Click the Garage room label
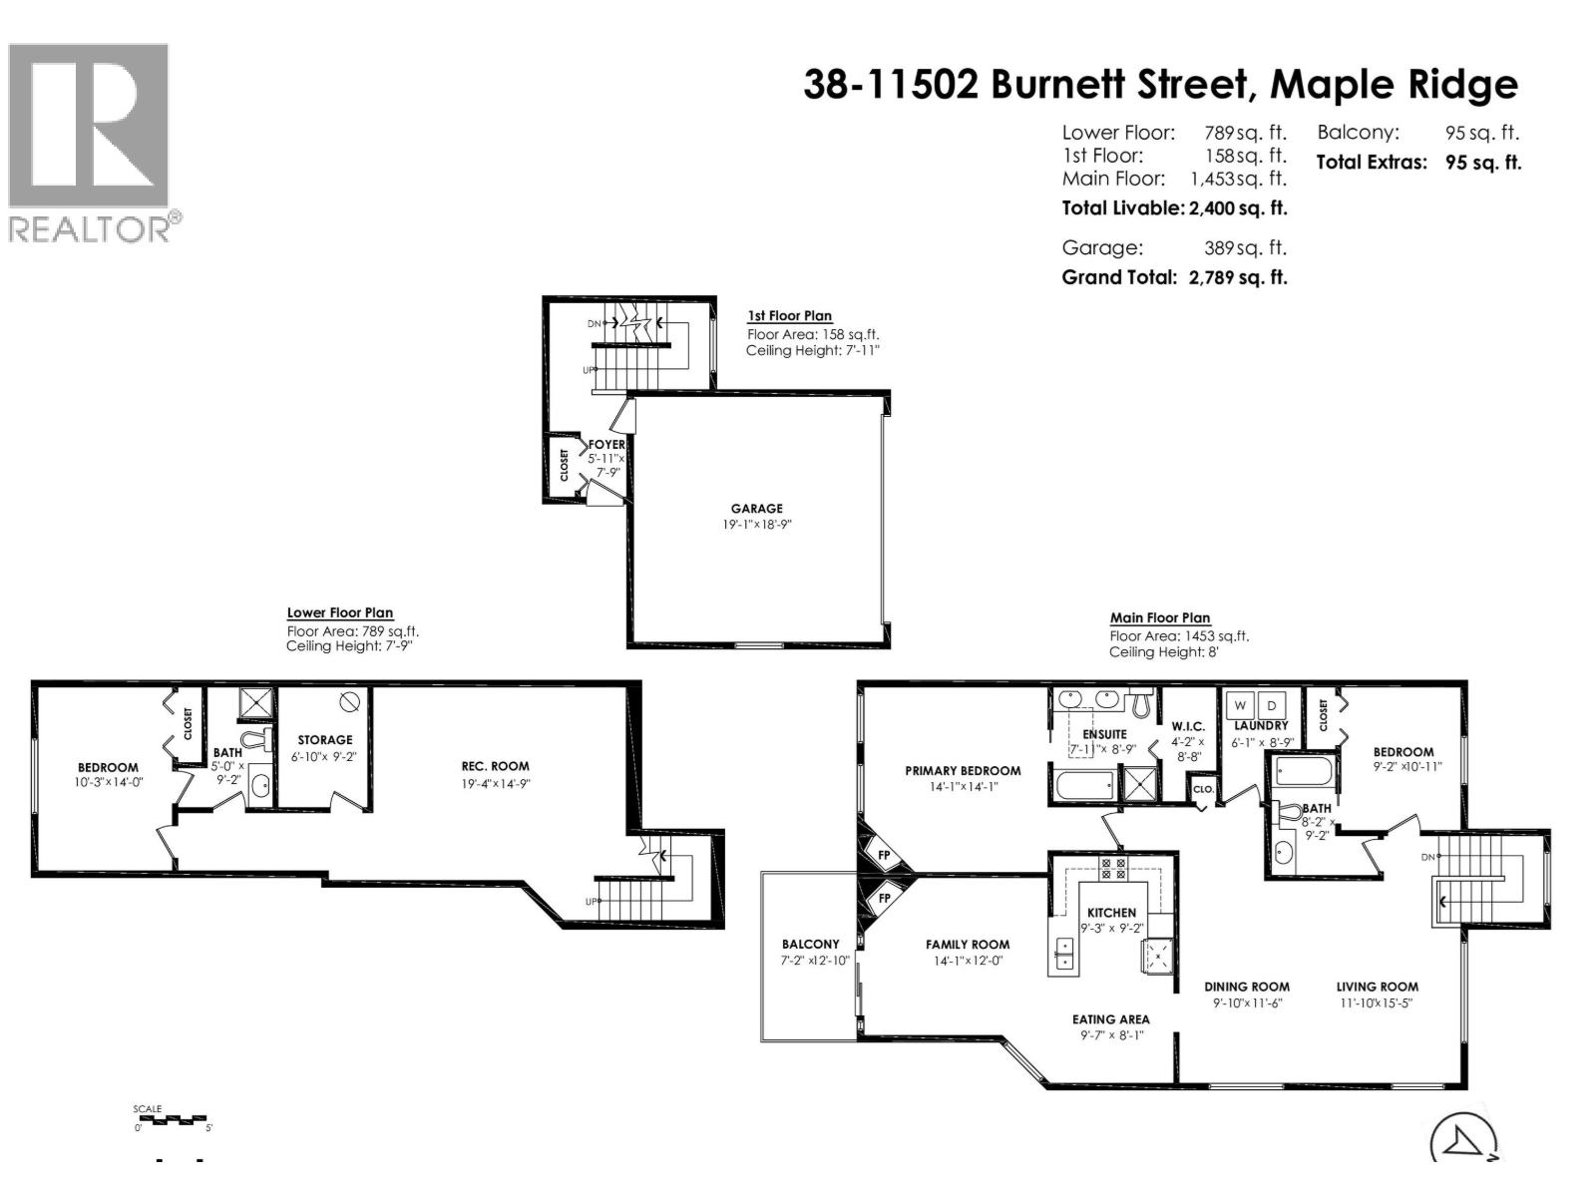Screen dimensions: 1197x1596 pyautogui.click(x=756, y=509)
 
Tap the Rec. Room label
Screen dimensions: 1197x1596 pyautogui.click(x=495, y=766)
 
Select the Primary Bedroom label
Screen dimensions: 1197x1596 pyautogui.click(x=963, y=770)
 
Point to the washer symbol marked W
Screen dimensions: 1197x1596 pyautogui.click(x=1240, y=705)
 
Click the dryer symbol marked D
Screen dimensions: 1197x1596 pyautogui.click(x=1272, y=705)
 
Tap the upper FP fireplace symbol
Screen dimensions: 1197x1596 pyautogui.click(x=884, y=855)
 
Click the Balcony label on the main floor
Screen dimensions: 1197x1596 pyautogui.click(x=810, y=944)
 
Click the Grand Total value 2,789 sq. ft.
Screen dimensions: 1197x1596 pyautogui.click(x=1238, y=277)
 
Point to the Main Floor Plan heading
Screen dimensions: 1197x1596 pyautogui.click(x=1160, y=618)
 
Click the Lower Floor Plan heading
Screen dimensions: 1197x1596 pyautogui.click(x=340, y=613)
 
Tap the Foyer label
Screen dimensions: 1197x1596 pyautogui.click(x=606, y=445)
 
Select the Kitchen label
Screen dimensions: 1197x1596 pyautogui.click(x=1111, y=912)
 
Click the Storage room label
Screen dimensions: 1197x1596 pyautogui.click(x=324, y=740)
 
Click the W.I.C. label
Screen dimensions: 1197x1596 pyautogui.click(x=1188, y=726)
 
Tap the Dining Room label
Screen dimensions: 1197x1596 pyautogui.click(x=1246, y=987)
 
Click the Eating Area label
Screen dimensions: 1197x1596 pyautogui.click(x=1110, y=1019)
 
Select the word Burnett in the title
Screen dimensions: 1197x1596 pyautogui.click(x=1119, y=85)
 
